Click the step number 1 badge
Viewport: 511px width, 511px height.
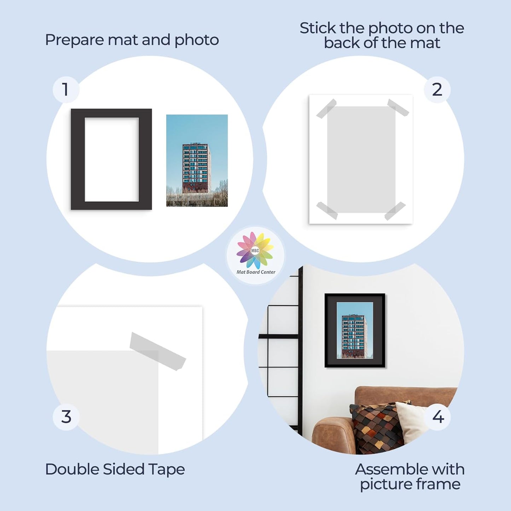pyautogui.click(x=66, y=89)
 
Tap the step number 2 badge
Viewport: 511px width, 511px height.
pyautogui.click(x=437, y=89)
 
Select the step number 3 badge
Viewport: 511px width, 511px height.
pyautogui.click(x=66, y=417)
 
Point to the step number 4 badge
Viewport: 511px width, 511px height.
pyautogui.click(x=438, y=417)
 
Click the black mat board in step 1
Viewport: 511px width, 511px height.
pyautogui.click(x=77, y=159)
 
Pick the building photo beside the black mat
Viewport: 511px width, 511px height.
pyautogui.click(x=197, y=160)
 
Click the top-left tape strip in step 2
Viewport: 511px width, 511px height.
pyautogui.click(x=326, y=109)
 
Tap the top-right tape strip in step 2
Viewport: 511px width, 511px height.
pyautogui.click(x=398, y=108)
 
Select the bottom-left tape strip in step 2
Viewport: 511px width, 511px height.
pyautogui.click(x=327, y=210)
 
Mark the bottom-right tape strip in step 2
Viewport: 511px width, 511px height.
pyautogui.click(x=395, y=211)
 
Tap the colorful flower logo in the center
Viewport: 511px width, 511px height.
pyautogui.click(x=255, y=250)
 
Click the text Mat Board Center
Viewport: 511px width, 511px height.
pyautogui.click(x=256, y=272)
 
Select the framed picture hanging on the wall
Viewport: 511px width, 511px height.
pyautogui.click(x=355, y=330)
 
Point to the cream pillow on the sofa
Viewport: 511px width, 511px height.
pyautogui.click(x=410, y=421)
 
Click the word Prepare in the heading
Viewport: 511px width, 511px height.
pyautogui.click(x=75, y=40)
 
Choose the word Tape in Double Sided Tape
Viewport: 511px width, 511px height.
pyautogui.click(x=166, y=470)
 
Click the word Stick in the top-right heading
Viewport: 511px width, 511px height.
pyautogui.click(x=317, y=28)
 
